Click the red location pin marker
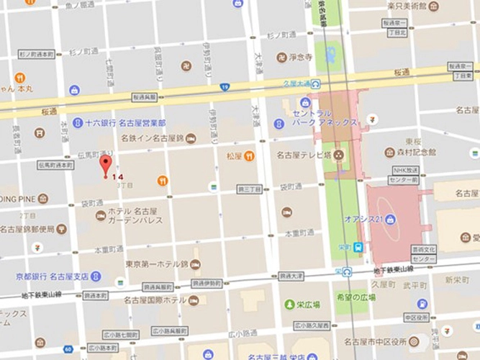(105, 164)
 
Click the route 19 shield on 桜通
(225, 87)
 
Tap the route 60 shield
(67, 349)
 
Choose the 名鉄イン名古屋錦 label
(152, 137)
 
